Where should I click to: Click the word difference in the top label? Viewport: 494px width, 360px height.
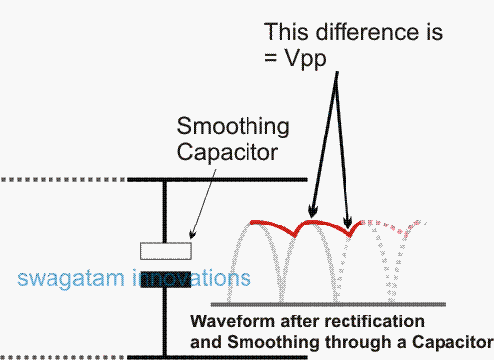coord(346,31)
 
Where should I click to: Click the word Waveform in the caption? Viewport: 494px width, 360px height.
coord(227,321)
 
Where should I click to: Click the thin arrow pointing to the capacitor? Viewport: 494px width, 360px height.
coord(207,204)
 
